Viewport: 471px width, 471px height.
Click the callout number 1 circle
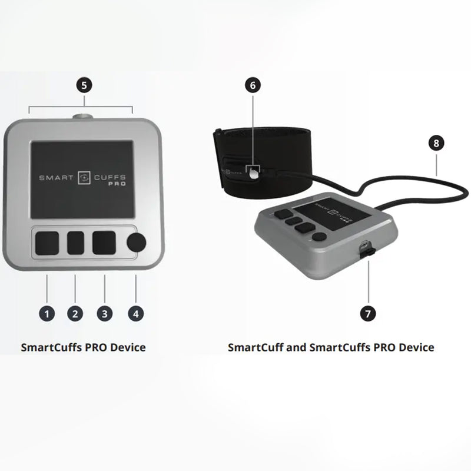pos(47,313)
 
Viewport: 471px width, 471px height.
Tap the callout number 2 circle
pos(75,313)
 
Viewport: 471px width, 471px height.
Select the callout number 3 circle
pos(105,313)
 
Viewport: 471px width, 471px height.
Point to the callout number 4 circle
pos(135,313)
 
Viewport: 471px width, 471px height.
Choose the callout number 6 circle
pos(253,85)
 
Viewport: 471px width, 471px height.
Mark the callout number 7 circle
pos(369,313)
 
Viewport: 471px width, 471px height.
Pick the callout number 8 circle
pos(436,143)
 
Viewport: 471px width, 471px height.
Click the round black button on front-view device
pos(137,243)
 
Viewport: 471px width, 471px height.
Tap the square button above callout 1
pos(47,243)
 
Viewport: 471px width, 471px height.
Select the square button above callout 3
pos(104,243)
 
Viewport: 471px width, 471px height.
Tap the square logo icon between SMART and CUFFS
pos(84,177)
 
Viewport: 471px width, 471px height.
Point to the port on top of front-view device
pos(83,117)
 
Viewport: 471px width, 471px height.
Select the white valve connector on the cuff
pos(253,173)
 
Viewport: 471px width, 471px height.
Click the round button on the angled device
pos(319,237)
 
